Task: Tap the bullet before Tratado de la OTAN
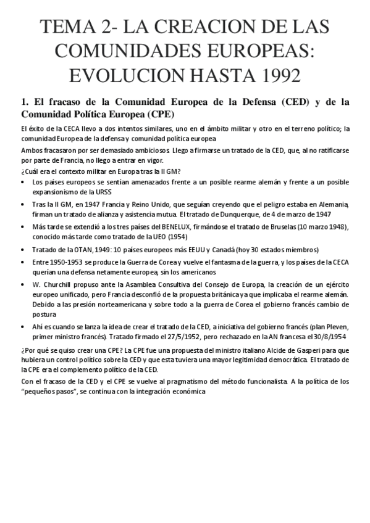23,250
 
